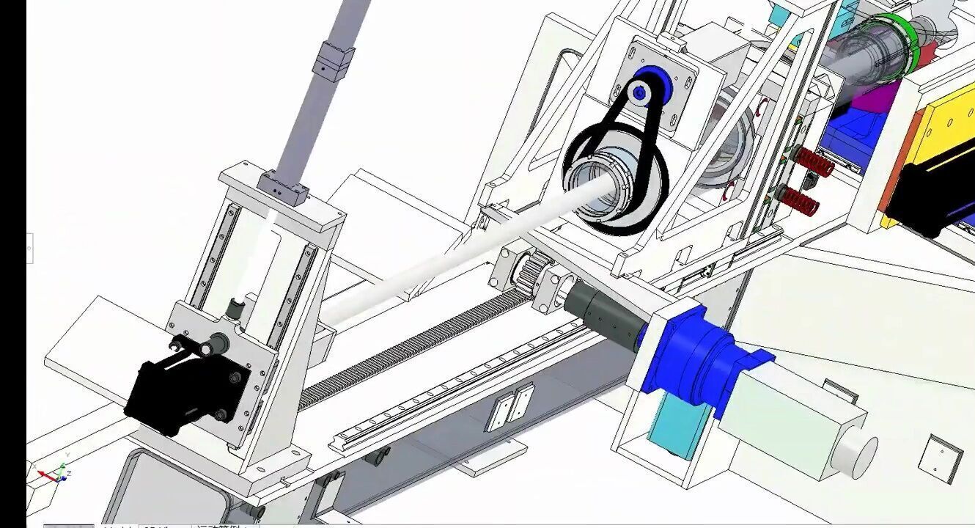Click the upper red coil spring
814,162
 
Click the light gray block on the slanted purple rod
334,62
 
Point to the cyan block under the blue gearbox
678,425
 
